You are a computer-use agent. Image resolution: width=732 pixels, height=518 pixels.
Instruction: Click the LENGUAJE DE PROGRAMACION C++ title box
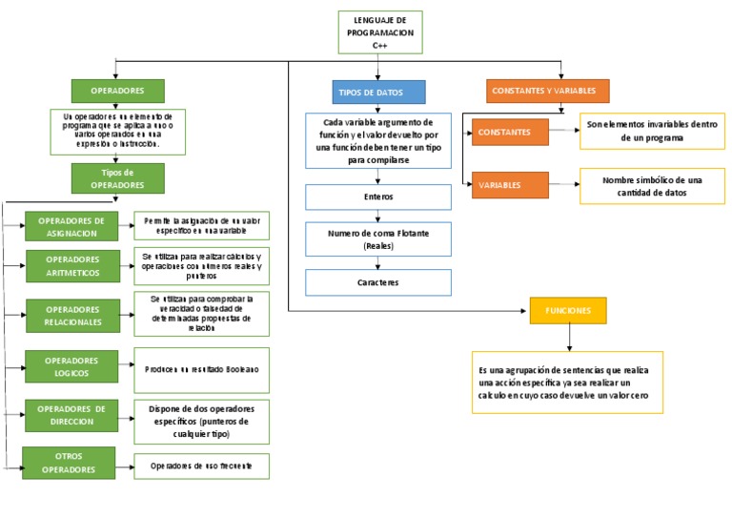[379, 32]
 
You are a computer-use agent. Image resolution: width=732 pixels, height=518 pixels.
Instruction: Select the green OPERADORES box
[118, 91]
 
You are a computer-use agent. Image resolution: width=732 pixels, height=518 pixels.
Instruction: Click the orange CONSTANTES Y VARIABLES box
[543, 91]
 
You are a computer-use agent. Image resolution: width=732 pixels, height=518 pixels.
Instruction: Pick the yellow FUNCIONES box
[568, 311]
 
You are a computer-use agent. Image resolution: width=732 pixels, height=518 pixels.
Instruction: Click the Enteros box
[377, 197]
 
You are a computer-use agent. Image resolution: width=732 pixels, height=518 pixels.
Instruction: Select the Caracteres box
[377, 282]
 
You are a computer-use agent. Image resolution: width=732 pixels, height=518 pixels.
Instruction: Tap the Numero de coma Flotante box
[377, 238]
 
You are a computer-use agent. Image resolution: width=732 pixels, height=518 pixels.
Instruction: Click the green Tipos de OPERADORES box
[118, 178]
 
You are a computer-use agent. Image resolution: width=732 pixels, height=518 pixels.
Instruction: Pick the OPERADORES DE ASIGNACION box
[71, 227]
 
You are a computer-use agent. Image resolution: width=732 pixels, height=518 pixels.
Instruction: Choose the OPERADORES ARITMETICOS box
[72, 266]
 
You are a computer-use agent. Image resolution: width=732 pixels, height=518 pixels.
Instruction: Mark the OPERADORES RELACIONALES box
[72, 316]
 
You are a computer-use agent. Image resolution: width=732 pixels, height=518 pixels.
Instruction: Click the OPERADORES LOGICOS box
[72, 367]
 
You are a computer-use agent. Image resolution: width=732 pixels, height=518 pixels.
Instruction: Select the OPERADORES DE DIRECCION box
[72, 415]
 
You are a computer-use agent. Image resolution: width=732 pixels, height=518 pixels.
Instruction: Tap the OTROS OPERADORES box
[69, 463]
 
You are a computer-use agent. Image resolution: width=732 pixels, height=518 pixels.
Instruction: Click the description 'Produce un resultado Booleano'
[201, 368]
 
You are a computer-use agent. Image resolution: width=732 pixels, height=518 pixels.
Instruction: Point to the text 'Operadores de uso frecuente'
[201, 466]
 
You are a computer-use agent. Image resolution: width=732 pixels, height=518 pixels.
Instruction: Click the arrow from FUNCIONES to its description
[569, 338]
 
